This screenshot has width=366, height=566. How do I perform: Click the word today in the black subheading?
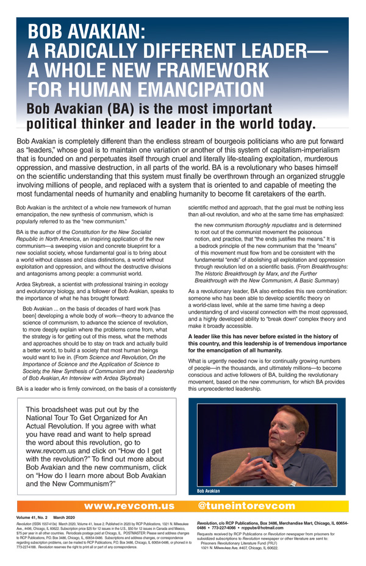pyautogui.click(x=287, y=125)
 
